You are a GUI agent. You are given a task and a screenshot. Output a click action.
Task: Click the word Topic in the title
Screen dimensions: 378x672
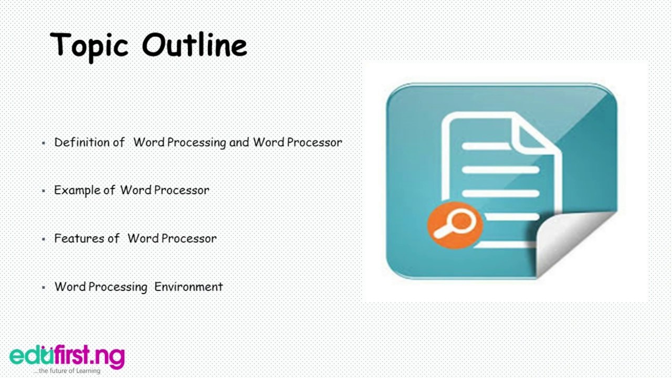pyautogui.click(x=89, y=45)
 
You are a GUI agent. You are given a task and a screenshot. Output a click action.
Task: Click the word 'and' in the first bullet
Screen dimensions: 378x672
pyautogui.click(x=239, y=142)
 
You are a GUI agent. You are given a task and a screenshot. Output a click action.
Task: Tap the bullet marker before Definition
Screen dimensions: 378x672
pyautogui.click(x=44, y=143)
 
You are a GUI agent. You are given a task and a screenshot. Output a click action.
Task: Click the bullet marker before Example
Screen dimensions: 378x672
pyautogui.click(x=44, y=191)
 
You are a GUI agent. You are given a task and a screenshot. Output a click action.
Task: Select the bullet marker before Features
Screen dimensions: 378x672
pyautogui.click(x=44, y=239)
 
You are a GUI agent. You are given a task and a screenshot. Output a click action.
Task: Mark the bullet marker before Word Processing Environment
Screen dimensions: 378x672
pyautogui.click(x=44, y=288)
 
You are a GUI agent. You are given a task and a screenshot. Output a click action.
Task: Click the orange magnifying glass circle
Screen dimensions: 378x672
pyautogui.click(x=455, y=224)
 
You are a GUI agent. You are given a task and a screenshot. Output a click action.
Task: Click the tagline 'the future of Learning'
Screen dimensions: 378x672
pyautogui.click(x=69, y=371)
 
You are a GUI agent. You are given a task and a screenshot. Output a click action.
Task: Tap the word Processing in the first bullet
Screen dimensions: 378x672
pyautogui.click(x=197, y=142)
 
